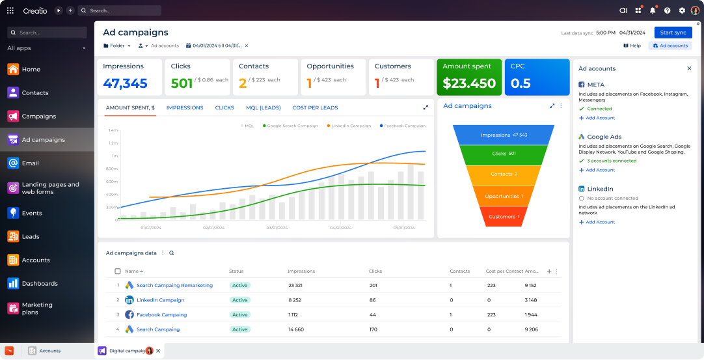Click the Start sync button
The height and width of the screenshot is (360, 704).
(x=673, y=33)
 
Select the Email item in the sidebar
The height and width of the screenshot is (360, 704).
(x=31, y=163)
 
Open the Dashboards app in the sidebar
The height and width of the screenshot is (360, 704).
(x=39, y=283)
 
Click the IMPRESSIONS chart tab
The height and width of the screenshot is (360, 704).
(x=185, y=107)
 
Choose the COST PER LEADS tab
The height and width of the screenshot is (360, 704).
(x=315, y=107)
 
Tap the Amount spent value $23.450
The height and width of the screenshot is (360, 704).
(x=469, y=83)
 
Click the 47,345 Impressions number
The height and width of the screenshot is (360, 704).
(x=125, y=83)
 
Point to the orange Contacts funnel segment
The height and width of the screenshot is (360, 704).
(x=504, y=174)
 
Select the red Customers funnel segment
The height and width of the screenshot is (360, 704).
(x=504, y=216)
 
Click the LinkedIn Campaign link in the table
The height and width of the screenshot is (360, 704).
(x=160, y=300)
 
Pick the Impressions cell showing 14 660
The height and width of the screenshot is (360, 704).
(x=296, y=329)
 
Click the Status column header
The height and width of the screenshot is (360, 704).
(x=236, y=271)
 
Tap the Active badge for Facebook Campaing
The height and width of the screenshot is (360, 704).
(x=240, y=314)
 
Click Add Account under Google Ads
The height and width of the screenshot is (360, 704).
(x=600, y=170)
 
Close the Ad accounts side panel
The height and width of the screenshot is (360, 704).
(x=689, y=68)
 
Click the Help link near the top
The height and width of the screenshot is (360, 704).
(x=632, y=46)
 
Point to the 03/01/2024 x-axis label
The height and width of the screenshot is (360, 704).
(x=277, y=228)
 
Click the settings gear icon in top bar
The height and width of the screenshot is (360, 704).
(x=682, y=10)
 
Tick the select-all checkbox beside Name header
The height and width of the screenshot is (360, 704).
(x=118, y=271)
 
